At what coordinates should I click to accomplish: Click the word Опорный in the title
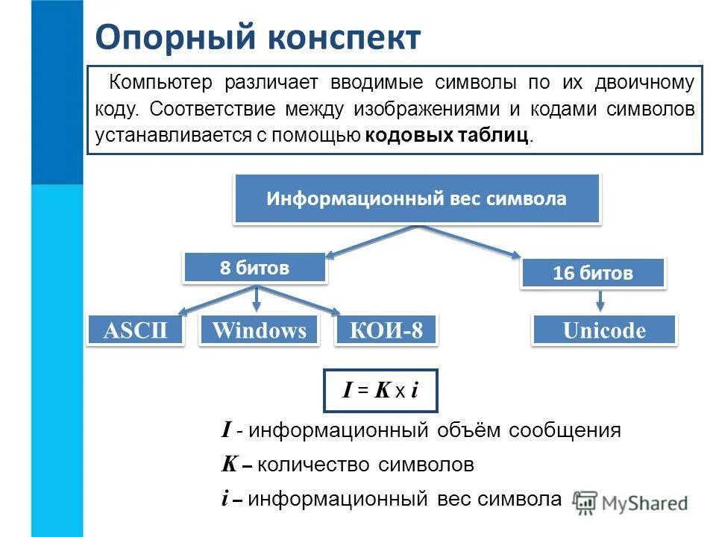point(175,38)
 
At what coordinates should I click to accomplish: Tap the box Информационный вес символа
point(417,199)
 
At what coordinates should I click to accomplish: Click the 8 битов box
point(254,268)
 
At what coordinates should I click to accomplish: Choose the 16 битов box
point(592,273)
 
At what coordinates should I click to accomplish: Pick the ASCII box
point(136,330)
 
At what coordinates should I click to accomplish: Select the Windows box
point(259,330)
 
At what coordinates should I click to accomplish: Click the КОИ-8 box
point(386,330)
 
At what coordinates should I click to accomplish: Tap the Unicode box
point(604,330)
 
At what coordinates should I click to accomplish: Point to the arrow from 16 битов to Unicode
point(600,301)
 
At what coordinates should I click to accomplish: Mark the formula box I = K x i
point(380,390)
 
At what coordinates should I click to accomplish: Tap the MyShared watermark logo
point(631,503)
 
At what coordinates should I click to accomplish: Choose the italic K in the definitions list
point(228,465)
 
